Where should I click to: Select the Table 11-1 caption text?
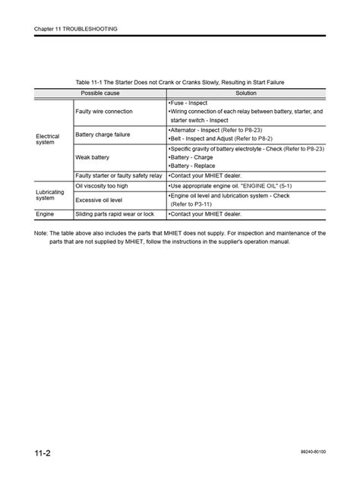point(179,81)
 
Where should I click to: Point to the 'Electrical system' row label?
point(48,139)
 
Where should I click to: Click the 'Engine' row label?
point(45,214)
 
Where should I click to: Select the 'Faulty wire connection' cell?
point(104,111)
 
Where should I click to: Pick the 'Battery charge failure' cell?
point(104,134)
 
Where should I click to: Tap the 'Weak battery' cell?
point(93,157)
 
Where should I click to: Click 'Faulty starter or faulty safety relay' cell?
point(118,175)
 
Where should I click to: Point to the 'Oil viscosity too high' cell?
point(101,185)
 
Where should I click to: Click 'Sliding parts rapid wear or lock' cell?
point(115,214)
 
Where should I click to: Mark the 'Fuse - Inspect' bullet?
point(188,103)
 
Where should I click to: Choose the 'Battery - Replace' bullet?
point(193,166)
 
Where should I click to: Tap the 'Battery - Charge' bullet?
point(192,157)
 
